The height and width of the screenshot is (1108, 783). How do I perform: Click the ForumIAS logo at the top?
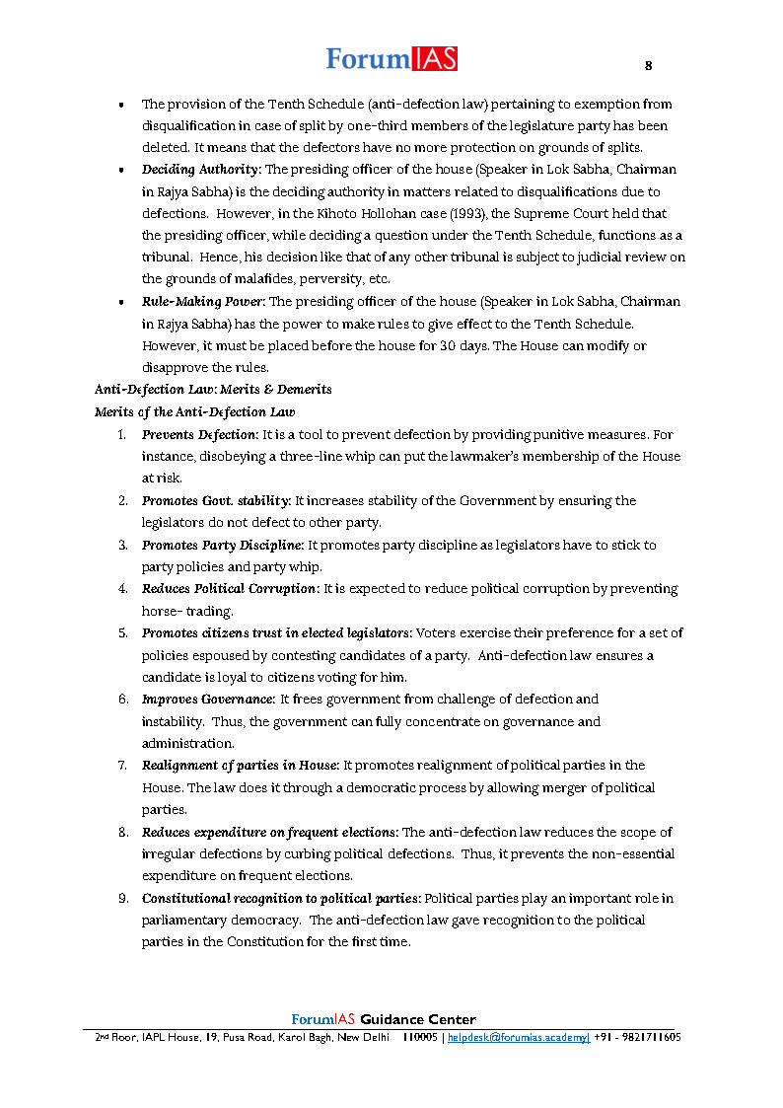point(391,59)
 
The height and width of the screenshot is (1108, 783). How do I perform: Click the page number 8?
point(648,66)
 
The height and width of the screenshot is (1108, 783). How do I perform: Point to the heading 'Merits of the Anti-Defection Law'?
point(194,411)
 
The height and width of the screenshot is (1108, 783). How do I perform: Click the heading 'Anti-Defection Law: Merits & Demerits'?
point(213,390)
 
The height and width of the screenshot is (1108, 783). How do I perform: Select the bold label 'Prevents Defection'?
point(199,434)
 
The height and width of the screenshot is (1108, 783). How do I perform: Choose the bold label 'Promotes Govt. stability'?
point(215,501)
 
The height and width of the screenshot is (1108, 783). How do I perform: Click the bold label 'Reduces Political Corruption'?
point(230,589)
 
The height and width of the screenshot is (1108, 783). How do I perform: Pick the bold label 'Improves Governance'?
point(208,700)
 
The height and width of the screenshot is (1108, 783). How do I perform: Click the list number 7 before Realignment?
point(122,766)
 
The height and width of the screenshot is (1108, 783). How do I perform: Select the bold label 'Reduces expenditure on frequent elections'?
point(269,833)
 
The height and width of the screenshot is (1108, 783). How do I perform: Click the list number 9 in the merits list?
point(122,899)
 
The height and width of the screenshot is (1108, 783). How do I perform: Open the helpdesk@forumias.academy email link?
point(519,1038)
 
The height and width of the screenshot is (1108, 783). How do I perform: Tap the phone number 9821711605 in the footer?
point(647,1038)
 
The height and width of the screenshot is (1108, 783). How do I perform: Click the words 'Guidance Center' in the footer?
point(418,1020)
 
